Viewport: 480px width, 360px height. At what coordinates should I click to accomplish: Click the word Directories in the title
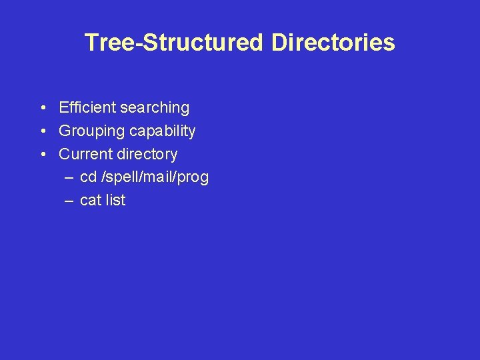coord(333,43)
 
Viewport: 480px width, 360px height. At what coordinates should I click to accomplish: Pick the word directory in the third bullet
coord(147,154)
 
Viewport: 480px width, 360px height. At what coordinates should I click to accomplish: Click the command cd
coord(88,177)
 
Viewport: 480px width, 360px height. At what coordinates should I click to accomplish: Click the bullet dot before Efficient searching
coord(42,108)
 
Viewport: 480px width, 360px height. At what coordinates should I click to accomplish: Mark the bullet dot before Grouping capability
coord(42,131)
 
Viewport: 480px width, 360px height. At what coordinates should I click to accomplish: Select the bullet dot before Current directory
coord(42,155)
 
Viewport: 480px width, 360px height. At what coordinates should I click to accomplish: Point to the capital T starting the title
coord(91,43)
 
